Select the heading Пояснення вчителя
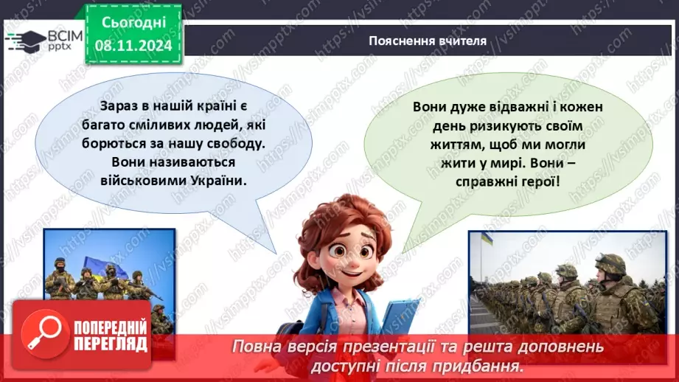pos(428,41)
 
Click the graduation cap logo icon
pos(24,39)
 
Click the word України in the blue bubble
pos(216,180)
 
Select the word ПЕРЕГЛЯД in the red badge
pos(112,344)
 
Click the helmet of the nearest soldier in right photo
pos(610,263)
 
